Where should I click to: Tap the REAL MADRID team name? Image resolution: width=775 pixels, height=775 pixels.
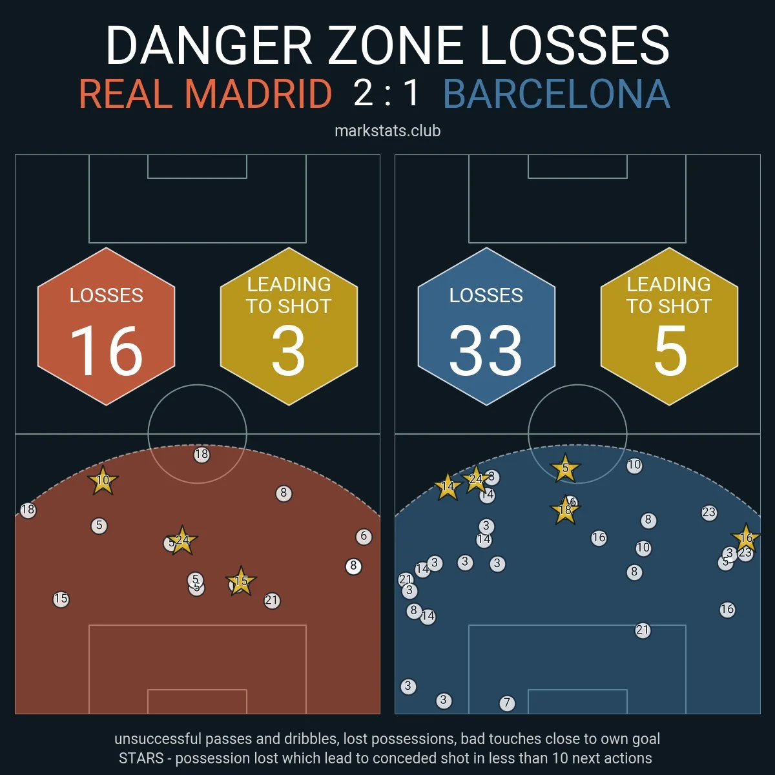coord(205,94)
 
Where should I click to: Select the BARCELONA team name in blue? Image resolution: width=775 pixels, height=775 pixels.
coord(557,94)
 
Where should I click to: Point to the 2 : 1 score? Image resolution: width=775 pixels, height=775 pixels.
coord(387,93)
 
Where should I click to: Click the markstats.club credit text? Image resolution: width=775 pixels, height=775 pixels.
coord(387,131)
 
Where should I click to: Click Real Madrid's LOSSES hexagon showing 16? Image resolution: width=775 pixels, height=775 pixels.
coord(107,327)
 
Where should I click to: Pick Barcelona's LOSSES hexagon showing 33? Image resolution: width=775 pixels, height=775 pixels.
coord(486,327)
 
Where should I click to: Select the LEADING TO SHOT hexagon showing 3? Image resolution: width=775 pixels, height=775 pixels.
coord(289,327)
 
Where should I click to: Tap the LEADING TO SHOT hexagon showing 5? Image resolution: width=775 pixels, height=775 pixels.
coord(669,327)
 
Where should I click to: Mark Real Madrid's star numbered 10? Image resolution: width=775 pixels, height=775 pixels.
coord(103,480)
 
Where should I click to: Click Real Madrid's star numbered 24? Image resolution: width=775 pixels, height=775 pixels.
coord(182,541)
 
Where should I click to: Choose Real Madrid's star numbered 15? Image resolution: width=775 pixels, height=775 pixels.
coord(241,581)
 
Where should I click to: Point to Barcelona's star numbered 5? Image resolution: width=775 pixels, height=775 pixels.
coord(565,469)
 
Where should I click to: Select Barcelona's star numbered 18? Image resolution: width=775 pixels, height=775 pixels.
coord(565,510)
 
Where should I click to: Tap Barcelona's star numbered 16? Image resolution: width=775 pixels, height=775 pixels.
coord(746,538)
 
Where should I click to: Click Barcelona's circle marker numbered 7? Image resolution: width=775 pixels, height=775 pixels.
coord(507,703)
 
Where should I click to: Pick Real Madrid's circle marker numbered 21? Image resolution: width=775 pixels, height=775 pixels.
coord(272,601)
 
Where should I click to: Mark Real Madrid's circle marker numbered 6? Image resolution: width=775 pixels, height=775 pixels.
coord(364,536)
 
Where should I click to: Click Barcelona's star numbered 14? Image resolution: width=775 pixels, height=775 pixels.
coord(448,487)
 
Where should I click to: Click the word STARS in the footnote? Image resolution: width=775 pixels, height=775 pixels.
coord(141,758)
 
